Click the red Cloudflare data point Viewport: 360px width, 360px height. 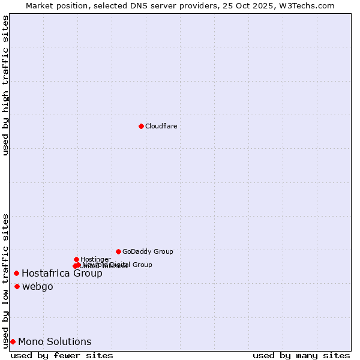pyautogui.click(x=141, y=126)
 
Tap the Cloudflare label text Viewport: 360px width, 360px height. pyautogui.click(x=161, y=126)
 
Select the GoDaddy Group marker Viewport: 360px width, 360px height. pyautogui.click(x=118, y=251)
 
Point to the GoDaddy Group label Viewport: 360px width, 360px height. pyautogui.click(x=148, y=251)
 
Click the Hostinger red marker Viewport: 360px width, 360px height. pyautogui.click(x=76, y=259)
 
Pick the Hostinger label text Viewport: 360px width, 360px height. pyautogui.click(x=95, y=259)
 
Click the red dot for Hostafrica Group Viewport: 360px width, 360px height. pyautogui.click(x=16, y=274)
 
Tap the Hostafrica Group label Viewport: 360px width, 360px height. pyautogui.click(x=62, y=274)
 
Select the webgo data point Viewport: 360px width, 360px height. pyautogui.click(x=17, y=287)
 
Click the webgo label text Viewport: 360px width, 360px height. pyautogui.click(x=38, y=287)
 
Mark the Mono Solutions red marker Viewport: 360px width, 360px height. pyautogui.click(x=13, y=342)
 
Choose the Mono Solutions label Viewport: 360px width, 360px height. pyautogui.click(x=55, y=342)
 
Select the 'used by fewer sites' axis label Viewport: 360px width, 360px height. pyautogui.click(x=62, y=355)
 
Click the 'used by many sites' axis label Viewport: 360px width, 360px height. pyautogui.click(x=301, y=355)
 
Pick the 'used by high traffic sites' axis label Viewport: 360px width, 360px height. pyautogui.click(x=5, y=85)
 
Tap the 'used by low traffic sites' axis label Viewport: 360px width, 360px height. pyautogui.click(x=5, y=281)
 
